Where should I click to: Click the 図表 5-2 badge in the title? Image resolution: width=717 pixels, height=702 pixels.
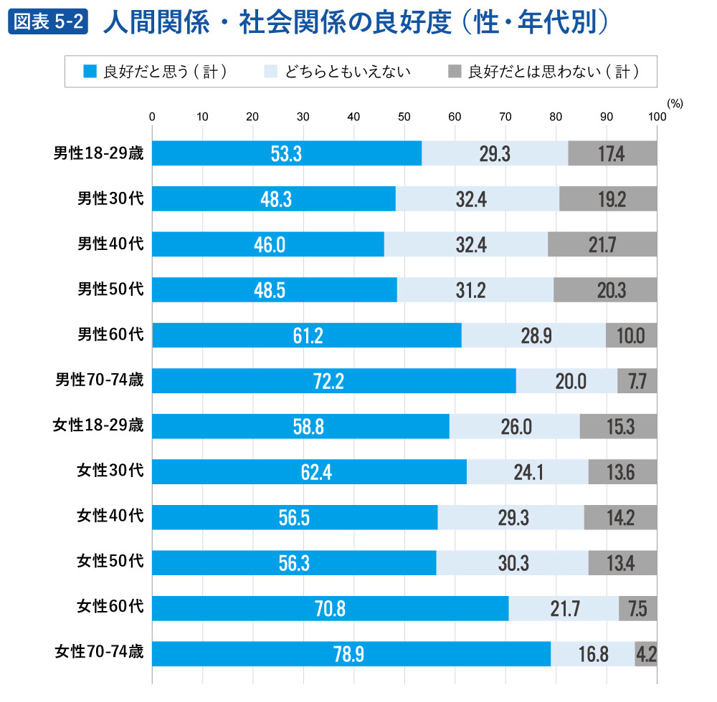[x=47, y=22]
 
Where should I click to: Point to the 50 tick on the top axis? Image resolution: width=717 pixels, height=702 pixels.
[x=404, y=117]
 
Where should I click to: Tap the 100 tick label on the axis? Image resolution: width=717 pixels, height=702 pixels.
[x=656, y=117]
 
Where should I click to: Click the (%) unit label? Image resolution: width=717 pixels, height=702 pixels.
[x=674, y=103]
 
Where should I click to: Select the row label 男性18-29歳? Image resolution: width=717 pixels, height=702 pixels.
[x=99, y=153]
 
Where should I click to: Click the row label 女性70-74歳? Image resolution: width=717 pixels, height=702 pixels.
[x=99, y=653]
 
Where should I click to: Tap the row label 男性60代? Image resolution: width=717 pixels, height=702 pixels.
[x=110, y=335]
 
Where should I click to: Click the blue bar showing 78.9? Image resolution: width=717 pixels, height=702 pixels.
[x=351, y=653]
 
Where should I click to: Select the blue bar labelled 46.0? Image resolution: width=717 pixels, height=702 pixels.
[x=268, y=244]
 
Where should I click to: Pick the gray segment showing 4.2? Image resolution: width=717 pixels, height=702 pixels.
[x=646, y=653]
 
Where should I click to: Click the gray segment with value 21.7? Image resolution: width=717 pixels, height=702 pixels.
[x=602, y=244]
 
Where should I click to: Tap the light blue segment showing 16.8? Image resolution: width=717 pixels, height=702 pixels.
[x=592, y=653]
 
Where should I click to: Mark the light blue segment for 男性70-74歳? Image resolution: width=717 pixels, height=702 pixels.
[x=566, y=381]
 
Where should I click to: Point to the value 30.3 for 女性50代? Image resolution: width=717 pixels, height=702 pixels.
[x=513, y=563]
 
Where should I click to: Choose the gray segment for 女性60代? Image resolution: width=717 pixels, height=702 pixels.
[x=637, y=608]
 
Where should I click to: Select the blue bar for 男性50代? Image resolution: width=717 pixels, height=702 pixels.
[x=274, y=289]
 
